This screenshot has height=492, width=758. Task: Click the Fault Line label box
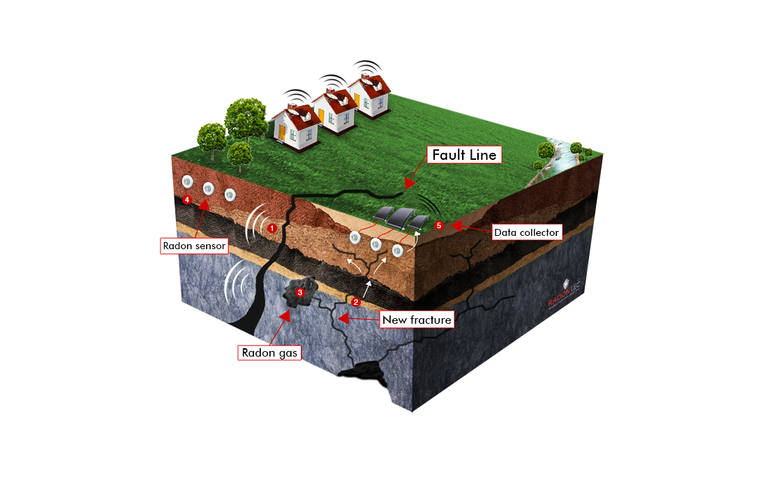[464, 154]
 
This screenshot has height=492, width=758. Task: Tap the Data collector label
[526, 232]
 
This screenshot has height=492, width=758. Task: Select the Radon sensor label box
[193, 246]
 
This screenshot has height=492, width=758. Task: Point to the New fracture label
[417, 320]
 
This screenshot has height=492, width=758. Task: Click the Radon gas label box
[269, 352]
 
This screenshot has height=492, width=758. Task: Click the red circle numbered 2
[355, 302]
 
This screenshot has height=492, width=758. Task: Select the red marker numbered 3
[300, 292]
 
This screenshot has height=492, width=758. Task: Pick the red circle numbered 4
[186, 200]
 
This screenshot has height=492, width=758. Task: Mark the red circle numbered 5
[438, 225]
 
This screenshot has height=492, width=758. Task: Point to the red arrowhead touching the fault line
[410, 183]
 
